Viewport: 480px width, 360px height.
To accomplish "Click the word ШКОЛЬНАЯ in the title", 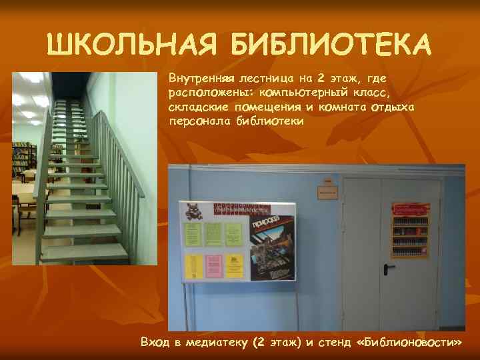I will pos(133,45).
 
